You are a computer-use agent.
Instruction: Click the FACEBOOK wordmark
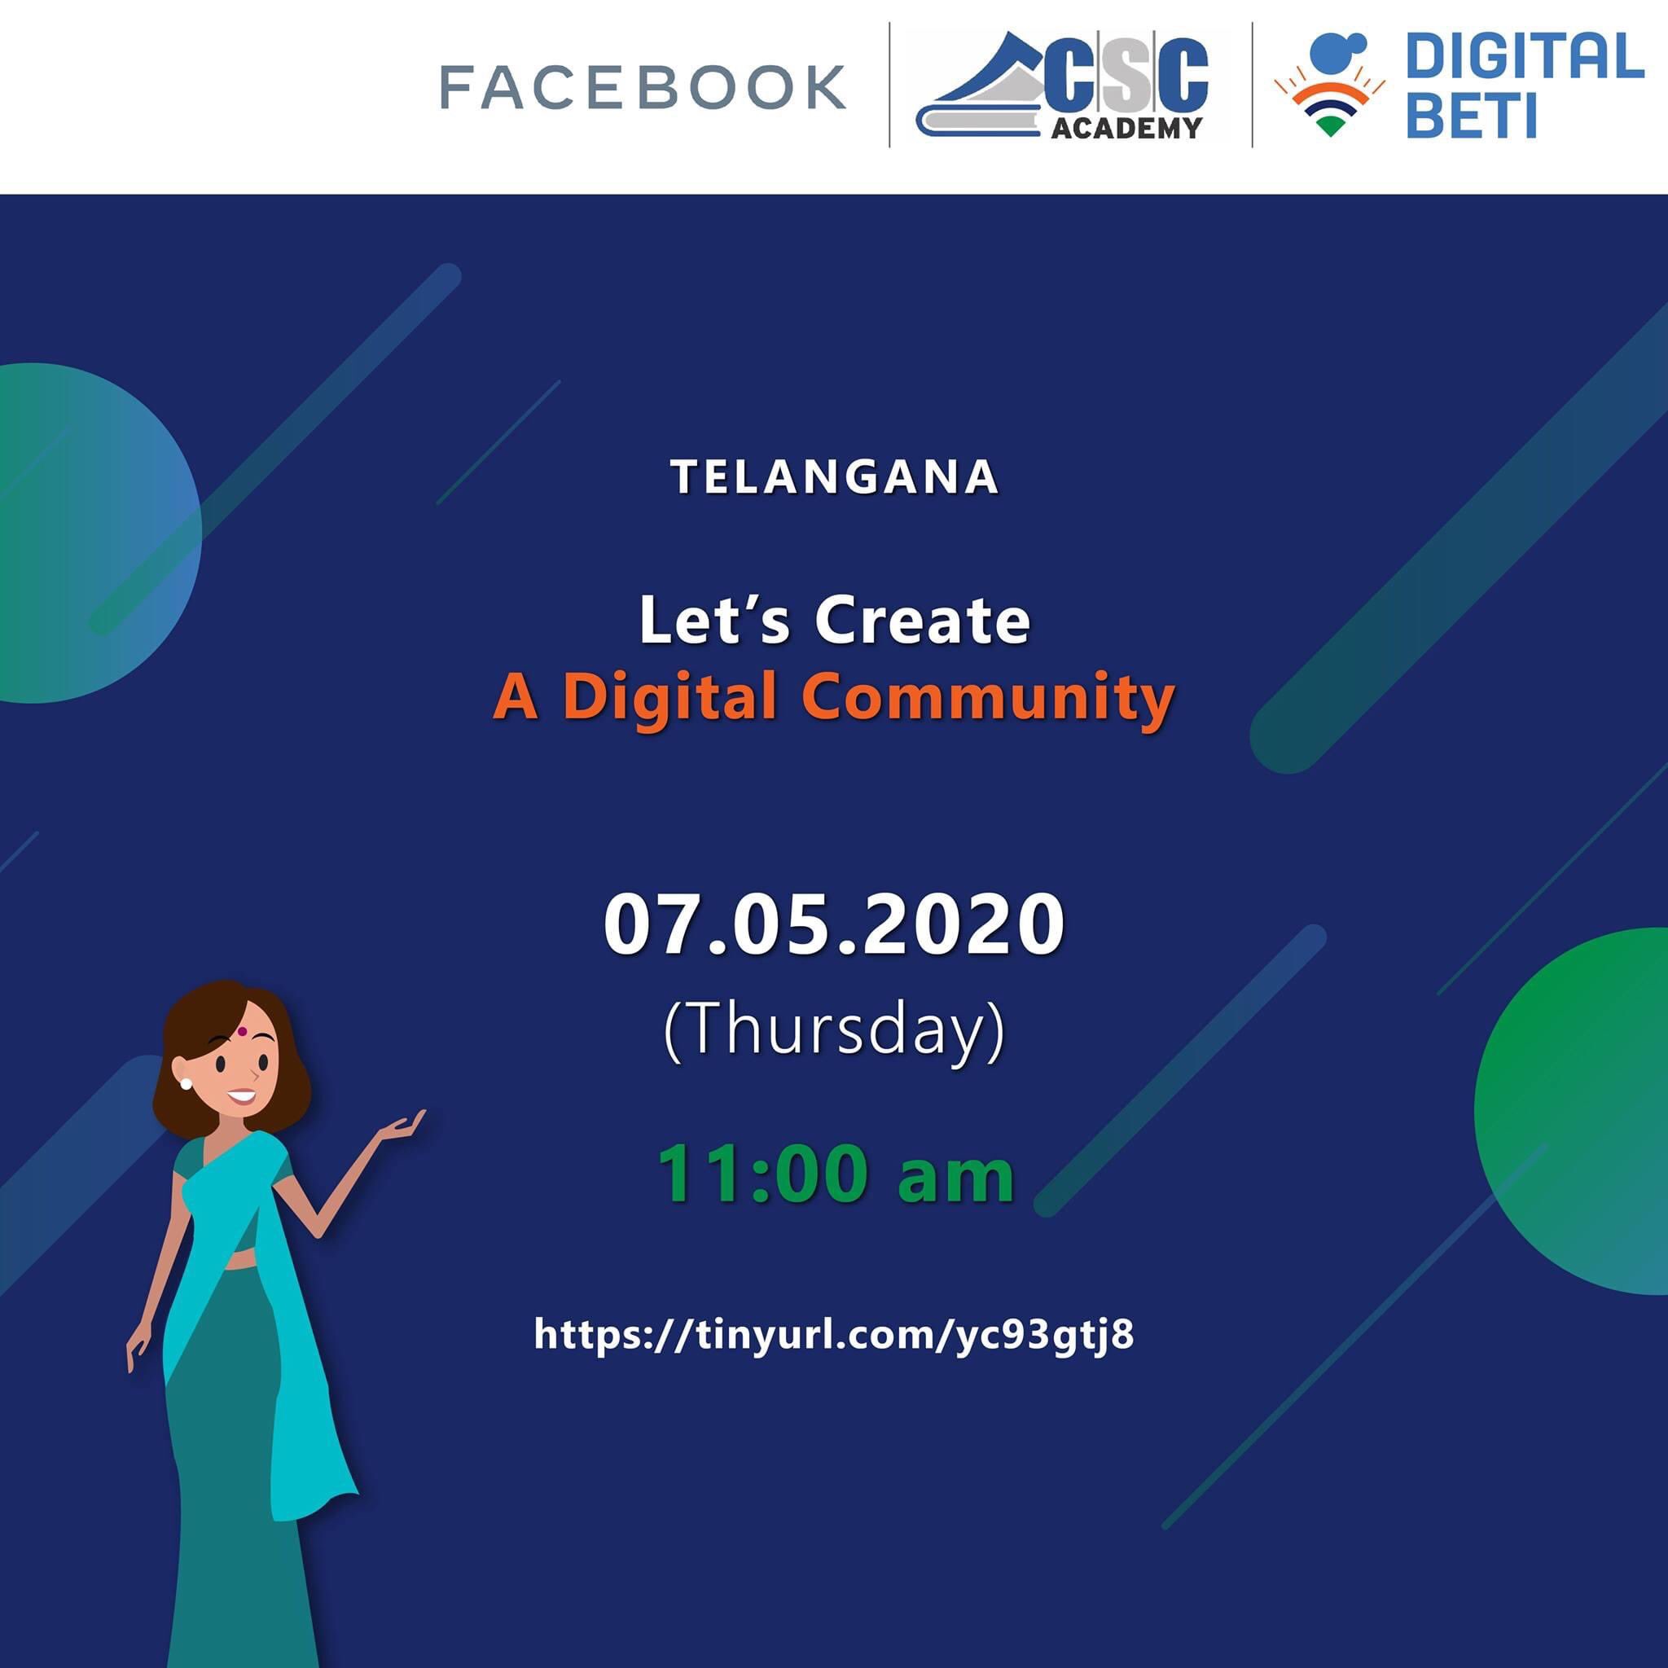click(643, 86)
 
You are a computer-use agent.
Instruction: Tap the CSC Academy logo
click(1062, 86)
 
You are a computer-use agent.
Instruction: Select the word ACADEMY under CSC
click(1126, 128)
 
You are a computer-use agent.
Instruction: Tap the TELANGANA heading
click(834, 476)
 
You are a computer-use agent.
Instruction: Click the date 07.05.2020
click(834, 924)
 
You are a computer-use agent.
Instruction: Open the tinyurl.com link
click(834, 1334)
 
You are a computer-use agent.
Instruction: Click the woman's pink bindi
click(244, 1032)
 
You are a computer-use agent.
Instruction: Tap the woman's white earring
click(185, 1083)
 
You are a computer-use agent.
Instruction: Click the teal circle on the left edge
click(95, 533)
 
